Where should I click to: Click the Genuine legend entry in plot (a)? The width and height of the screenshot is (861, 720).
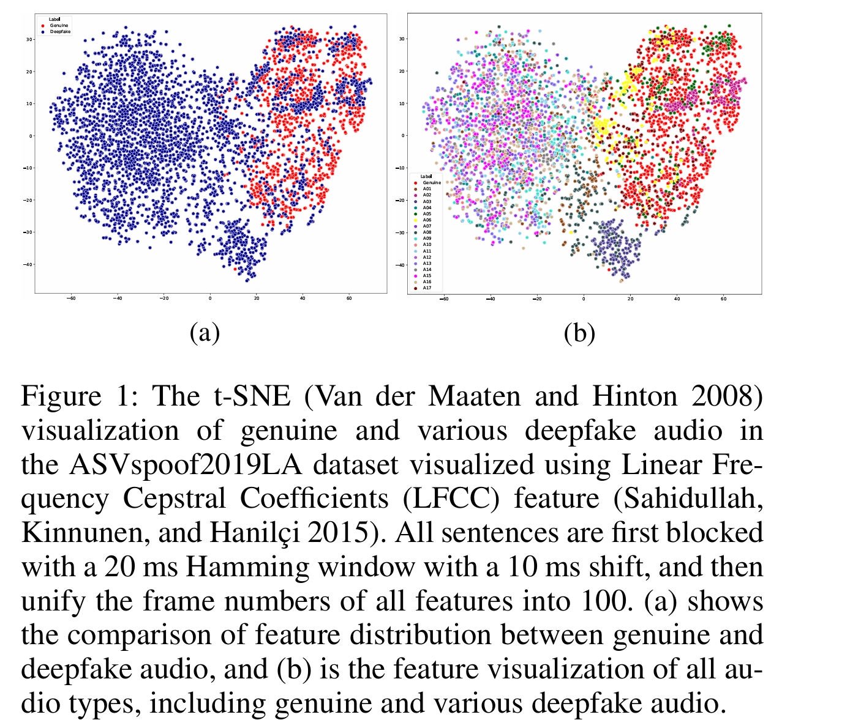[59, 26]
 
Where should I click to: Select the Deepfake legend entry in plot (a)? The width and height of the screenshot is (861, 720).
[60, 31]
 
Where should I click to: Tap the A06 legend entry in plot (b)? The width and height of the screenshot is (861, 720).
[427, 220]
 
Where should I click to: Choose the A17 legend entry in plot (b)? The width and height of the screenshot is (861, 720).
[427, 288]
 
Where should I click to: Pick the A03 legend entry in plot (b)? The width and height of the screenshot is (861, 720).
[427, 201]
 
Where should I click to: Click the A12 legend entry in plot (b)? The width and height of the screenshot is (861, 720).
[427, 257]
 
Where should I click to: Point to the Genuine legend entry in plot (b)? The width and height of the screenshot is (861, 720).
[431, 182]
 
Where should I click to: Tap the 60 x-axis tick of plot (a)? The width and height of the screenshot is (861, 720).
[348, 299]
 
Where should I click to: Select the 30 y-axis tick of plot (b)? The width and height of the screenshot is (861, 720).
[402, 39]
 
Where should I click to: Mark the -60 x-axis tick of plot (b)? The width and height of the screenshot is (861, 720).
[444, 300]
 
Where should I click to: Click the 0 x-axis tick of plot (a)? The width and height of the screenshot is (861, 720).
[210, 299]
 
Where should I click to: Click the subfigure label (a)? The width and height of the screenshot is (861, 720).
[205, 333]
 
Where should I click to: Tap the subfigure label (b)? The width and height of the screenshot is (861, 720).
[579, 333]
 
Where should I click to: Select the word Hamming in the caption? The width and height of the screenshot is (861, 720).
[247, 567]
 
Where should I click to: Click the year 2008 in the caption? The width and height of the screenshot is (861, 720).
[726, 396]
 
